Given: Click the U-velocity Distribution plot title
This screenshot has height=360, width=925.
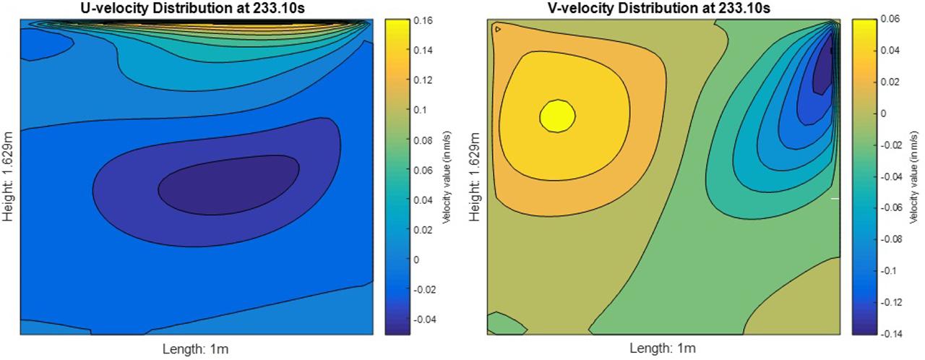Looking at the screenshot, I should (x=197, y=9).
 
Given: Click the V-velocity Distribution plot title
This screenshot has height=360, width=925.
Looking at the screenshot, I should (x=663, y=9).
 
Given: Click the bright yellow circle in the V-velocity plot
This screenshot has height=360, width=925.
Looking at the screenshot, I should (x=558, y=116).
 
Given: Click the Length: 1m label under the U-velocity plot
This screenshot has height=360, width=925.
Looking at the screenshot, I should (x=197, y=349).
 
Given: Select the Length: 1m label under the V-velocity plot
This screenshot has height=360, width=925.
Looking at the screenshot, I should (x=663, y=349).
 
